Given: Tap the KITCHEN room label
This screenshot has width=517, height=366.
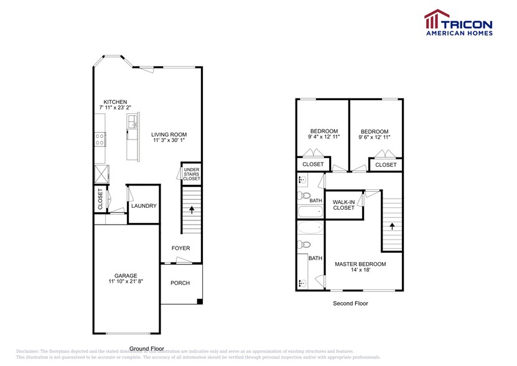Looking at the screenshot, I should point(115,102).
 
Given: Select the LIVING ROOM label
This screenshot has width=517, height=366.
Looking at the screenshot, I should point(169,134).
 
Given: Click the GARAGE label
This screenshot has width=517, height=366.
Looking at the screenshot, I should point(125,276).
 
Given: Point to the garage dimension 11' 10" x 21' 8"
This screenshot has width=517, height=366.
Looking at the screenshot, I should point(125,282).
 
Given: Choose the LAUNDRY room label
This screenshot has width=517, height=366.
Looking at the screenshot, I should point(144,206).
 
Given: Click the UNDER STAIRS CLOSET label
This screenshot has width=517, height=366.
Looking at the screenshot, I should point(192,174).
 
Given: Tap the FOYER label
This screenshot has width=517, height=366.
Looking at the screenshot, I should point(181,248).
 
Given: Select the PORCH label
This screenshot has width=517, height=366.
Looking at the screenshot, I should point(180,283).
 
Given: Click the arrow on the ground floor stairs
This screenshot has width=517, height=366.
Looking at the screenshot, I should point(192,210).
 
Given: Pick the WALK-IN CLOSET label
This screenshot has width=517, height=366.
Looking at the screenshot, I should point(343,205).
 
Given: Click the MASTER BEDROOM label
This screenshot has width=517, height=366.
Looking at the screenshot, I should point(360,264).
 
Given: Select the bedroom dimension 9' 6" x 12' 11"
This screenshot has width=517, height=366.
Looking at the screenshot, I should point(375,137).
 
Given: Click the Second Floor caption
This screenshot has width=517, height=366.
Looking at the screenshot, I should point(350,304).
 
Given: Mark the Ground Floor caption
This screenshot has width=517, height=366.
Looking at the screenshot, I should point(146,349).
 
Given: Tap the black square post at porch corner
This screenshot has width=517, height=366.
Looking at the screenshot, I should point(199,303).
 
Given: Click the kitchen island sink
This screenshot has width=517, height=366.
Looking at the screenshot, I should point(133,128).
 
